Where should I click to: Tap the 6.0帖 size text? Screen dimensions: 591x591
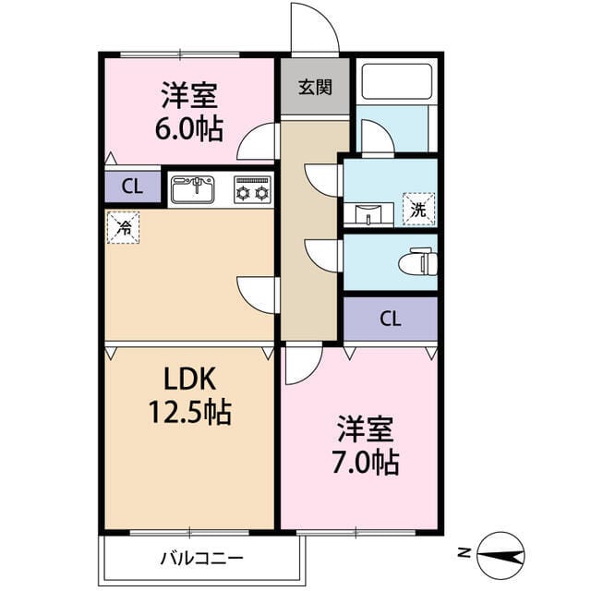(188, 128)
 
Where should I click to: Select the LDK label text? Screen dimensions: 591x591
(189, 379)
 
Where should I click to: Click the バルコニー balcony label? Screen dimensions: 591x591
(201, 558)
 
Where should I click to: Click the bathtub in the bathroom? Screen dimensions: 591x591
(396, 82)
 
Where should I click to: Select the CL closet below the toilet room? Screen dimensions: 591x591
(391, 320)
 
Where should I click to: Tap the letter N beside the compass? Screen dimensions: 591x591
(463, 554)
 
